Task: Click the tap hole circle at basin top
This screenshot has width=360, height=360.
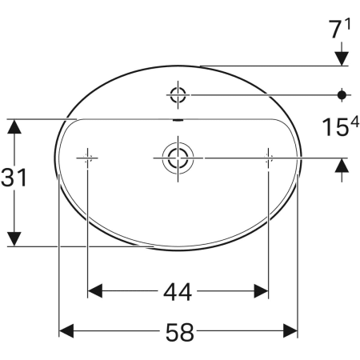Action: click(178, 96)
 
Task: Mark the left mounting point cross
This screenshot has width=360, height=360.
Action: click(87, 158)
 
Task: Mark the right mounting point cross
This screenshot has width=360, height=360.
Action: click(267, 158)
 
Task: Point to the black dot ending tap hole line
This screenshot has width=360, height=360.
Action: click(343, 95)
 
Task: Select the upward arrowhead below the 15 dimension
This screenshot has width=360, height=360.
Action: click(342, 166)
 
